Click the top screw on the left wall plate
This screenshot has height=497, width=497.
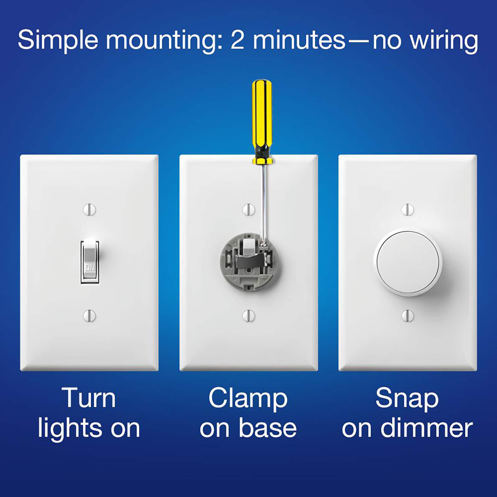pyautogui.click(x=89, y=210)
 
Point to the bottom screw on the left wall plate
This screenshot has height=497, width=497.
pyautogui.click(x=89, y=315)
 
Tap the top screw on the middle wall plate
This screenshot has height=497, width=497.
pyautogui.click(x=248, y=210)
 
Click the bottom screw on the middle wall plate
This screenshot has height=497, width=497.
pyautogui.click(x=248, y=315)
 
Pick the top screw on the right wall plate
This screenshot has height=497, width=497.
pyautogui.click(x=407, y=210)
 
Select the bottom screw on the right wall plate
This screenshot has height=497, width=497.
pyautogui.click(x=407, y=315)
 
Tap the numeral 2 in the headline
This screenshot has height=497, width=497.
pyautogui.click(x=237, y=40)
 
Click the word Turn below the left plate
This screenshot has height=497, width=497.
pyautogui.click(x=89, y=398)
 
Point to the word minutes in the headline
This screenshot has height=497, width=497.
pyautogui.click(x=299, y=40)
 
